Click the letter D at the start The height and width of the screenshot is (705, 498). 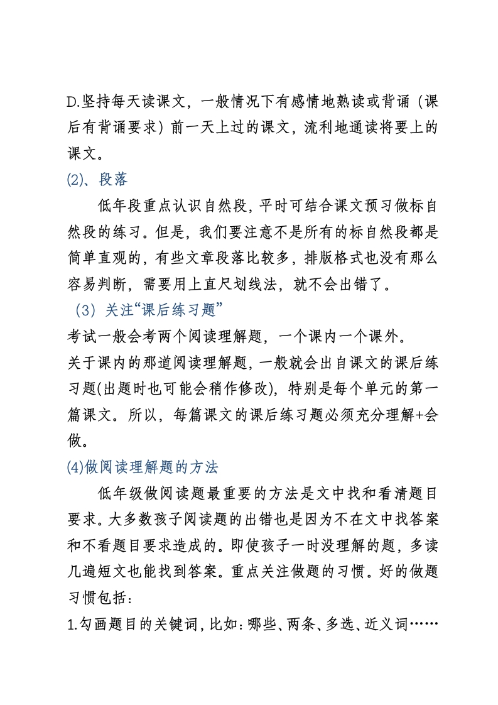[70, 101]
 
